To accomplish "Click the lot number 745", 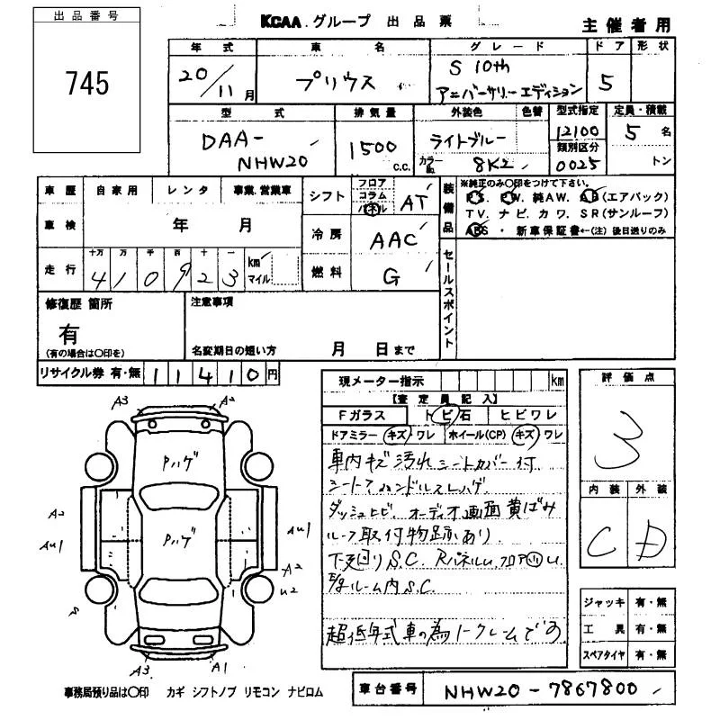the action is pos(87,84).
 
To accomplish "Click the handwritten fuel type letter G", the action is pos(392,278).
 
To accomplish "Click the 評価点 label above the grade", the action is pos(625,379).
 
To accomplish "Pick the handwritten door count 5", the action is pos(607,83).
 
